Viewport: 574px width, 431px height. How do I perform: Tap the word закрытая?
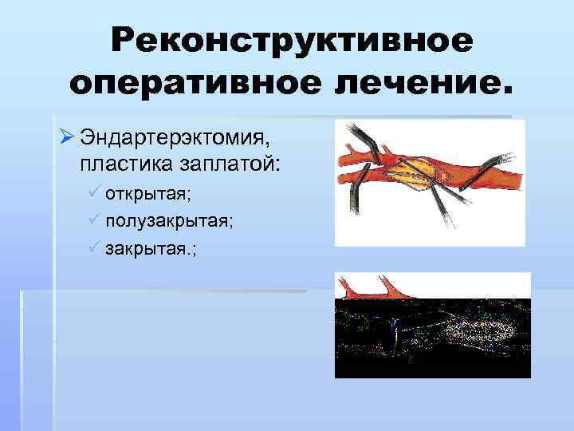147,247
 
